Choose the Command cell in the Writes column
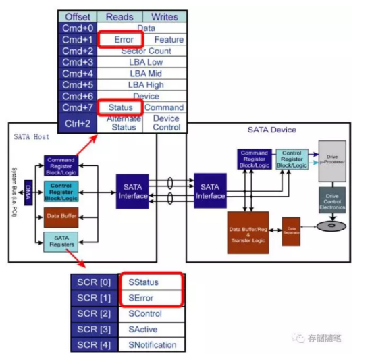click(164, 107)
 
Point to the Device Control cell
click(165, 122)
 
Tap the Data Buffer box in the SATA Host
click(61, 217)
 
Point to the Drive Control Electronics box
click(331, 201)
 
